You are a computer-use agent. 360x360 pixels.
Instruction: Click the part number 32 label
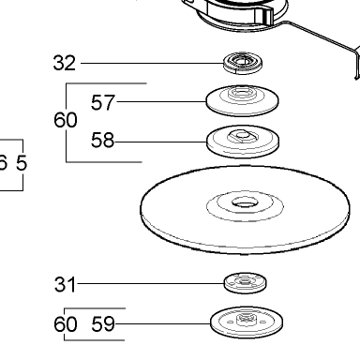(x=65, y=63)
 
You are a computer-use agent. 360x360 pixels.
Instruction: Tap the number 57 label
(x=103, y=102)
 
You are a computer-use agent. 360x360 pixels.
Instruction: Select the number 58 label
(x=103, y=140)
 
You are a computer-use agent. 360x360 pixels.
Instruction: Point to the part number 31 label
(x=65, y=284)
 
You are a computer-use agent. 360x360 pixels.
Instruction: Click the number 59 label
(x=103, y=323)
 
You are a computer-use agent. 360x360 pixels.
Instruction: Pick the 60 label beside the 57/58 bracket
(x=66, y=120)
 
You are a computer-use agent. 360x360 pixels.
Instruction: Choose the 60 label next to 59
(x=66, y=323)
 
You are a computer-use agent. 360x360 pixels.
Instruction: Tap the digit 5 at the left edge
(x=22, y=163)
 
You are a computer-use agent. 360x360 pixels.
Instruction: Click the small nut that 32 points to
(x=243, y=63)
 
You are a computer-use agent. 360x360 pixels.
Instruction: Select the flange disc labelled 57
(x=243, y=100)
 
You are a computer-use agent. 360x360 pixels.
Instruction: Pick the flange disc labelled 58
(x=243, y=142)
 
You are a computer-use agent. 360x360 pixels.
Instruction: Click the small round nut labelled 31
(x=246, y=283)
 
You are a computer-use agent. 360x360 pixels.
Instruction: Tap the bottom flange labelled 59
(x=247, y=322)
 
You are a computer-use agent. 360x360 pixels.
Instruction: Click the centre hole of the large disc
(x=245, y=202)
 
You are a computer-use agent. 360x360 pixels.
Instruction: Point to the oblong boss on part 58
(x=243, y=136)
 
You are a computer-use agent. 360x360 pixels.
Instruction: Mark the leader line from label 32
(x=152, y=63)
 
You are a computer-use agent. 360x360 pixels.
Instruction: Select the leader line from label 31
(x=151, y=284)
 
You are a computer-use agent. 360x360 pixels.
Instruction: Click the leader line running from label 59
(x=163, y=323)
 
